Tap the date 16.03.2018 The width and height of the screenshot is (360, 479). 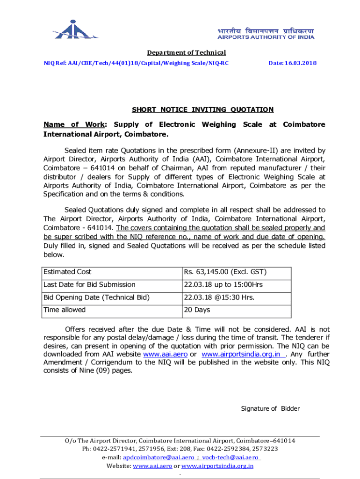[x=292, y=63]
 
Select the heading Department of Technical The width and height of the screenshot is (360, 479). [x=187, y=53]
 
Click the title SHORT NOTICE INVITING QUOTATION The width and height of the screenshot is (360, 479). [x=202, y=110]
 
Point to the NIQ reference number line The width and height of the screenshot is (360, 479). [x=136, y=63]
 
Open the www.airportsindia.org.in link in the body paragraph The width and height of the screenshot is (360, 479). [x=242, y=355]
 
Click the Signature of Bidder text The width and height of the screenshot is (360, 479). [x=270, y=409]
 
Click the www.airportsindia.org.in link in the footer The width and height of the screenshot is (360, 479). [x=217, y=466]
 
